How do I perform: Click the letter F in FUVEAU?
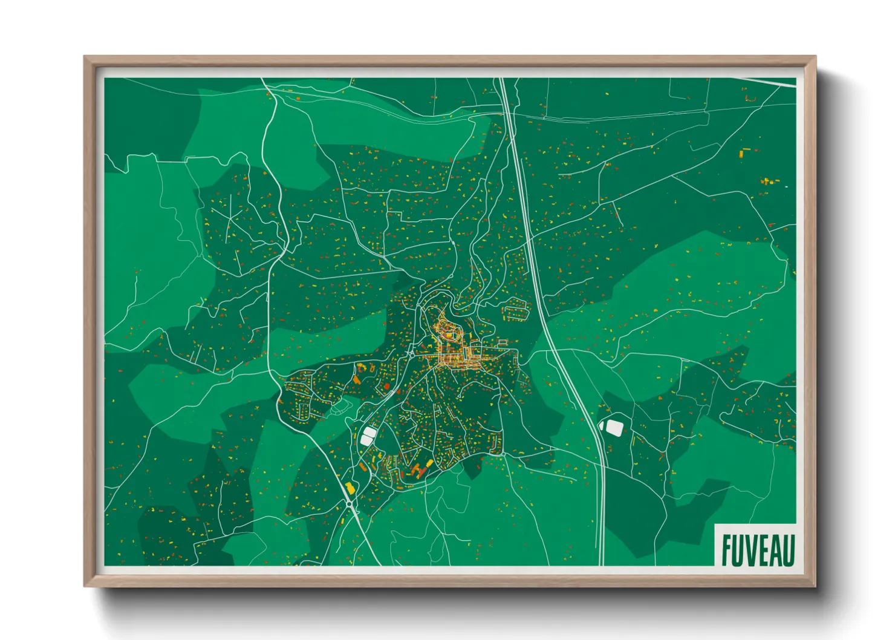tap(727, 550)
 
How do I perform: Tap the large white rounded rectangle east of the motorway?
tap(614, 428)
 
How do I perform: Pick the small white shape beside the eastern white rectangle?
tap(602, 425)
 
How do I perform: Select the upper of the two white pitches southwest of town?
tap(368, 432)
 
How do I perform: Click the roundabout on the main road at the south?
tap(350, 504)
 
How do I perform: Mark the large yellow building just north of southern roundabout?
tap(349, 488)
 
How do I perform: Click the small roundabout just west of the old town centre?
tap(411, 351)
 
